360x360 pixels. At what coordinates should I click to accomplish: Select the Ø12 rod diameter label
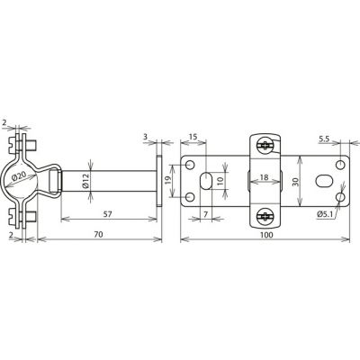point(85,181)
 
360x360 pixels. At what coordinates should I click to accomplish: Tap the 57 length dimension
point(107,214)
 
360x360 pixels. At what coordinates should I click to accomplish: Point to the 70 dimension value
point(98,234)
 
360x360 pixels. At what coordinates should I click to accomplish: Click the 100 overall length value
point(266,234)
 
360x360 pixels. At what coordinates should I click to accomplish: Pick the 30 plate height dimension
point(296,182)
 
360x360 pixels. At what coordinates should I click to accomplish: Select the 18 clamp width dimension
point(264,177)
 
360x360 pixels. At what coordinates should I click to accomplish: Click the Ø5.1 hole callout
point(325,214)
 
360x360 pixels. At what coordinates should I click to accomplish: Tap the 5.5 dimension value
point(324,139)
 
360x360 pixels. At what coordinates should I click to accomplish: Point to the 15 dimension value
point(193,137)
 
